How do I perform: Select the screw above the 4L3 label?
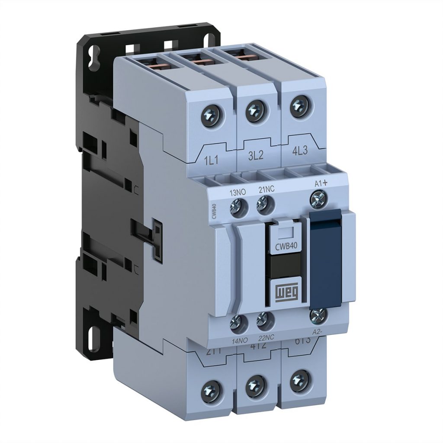pos(298,105)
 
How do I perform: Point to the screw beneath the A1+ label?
pos(318,199)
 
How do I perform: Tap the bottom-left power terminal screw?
pos(213,387)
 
